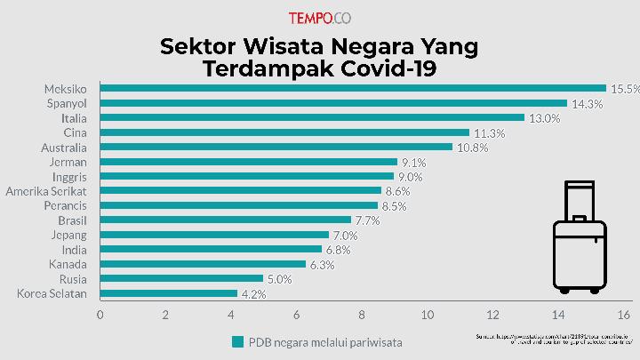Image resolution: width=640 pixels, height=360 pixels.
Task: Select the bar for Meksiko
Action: tap(353, 88)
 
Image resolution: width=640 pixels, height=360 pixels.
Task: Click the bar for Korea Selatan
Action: tap(169, 293)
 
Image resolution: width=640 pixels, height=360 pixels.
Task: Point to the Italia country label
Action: tap(74, 117)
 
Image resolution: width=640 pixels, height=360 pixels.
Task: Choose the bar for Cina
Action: tap(284, 132)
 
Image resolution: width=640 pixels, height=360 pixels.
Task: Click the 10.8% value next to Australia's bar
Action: tap(472, 147)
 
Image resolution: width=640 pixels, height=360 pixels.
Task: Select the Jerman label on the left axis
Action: tap(68, 162)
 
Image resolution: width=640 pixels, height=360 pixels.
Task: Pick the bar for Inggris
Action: tap(235, 176)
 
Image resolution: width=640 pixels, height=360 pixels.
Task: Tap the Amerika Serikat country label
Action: tap(46, 191)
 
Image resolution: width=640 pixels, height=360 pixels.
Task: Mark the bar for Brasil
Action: tap(226, 220)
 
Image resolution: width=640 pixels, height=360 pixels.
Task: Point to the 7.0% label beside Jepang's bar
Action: tap(344, 235)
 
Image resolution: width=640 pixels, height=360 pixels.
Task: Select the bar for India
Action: tap(211, 250)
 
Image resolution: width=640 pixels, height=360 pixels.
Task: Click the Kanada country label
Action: tap(69, 264)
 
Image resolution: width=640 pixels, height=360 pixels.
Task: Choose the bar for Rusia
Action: tap(181, 279)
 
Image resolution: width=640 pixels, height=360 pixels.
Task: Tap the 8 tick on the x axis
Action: tap(363, 314)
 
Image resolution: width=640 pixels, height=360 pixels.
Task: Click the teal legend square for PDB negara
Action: tap(237, 341)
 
